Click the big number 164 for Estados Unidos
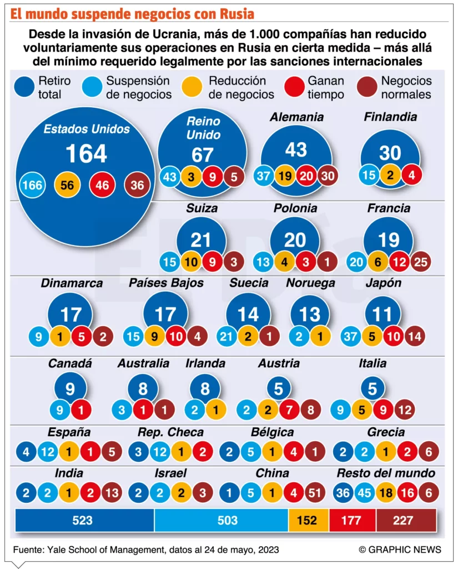(86, 153)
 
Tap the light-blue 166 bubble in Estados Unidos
(32, 185)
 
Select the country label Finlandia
(390, 117)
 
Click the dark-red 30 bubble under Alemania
(327, 176)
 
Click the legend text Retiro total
(54, 88)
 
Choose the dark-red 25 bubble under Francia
(421, 261)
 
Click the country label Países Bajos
(166, 283)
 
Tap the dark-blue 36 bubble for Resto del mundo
(344, 493)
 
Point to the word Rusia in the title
(235, 12)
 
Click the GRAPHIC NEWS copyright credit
(400, 550)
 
